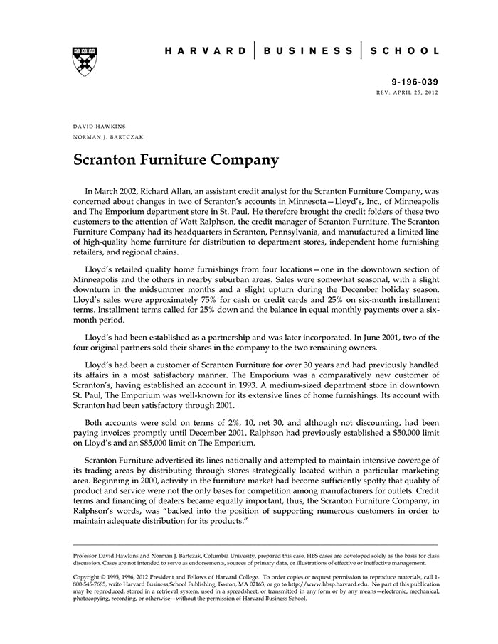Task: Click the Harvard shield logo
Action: (x=85, y=61)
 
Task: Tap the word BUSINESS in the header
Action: (x=308, y=51)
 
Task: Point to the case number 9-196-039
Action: (x=415, y=82)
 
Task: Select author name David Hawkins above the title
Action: (x=100, y=126)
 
